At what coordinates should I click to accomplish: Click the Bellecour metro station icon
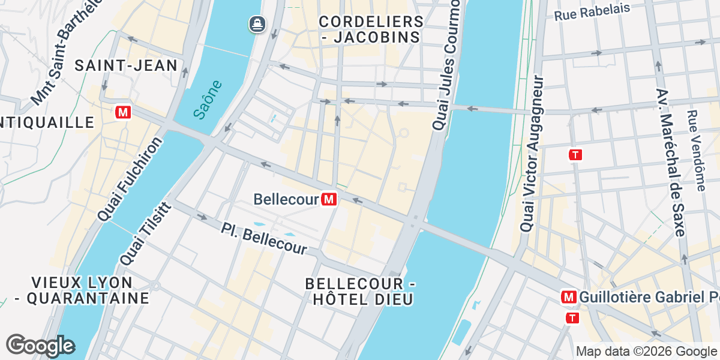[329, 199]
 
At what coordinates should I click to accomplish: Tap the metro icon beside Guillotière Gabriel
[568, 297]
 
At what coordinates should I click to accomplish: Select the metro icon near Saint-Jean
[124, 112]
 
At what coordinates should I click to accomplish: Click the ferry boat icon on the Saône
[257, 24]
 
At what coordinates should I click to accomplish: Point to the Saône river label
[208, 100]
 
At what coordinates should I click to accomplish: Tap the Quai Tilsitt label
[145, 234]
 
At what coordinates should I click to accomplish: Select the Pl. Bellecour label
[264, 238]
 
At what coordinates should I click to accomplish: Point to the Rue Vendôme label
[696, 150]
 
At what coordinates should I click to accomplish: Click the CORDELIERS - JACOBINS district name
[371, 29]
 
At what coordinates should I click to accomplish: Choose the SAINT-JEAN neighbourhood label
[126, 66]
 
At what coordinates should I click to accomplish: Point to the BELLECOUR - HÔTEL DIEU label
[360, 292]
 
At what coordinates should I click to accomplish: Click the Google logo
[40, 346]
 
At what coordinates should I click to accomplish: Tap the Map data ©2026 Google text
[647, 352]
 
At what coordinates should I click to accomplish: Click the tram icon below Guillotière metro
[573, 318]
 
